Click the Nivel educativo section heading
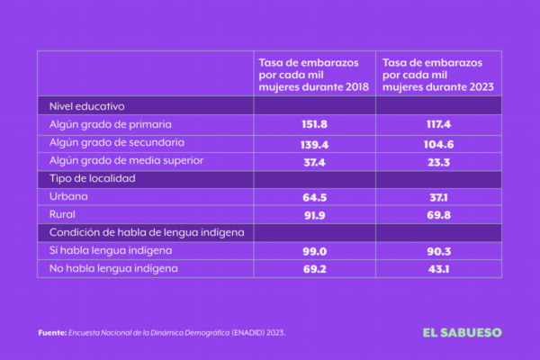(86, 106)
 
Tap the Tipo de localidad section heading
(92, 179)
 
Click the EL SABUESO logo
(463, 332)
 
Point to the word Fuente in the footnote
(51, 333)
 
